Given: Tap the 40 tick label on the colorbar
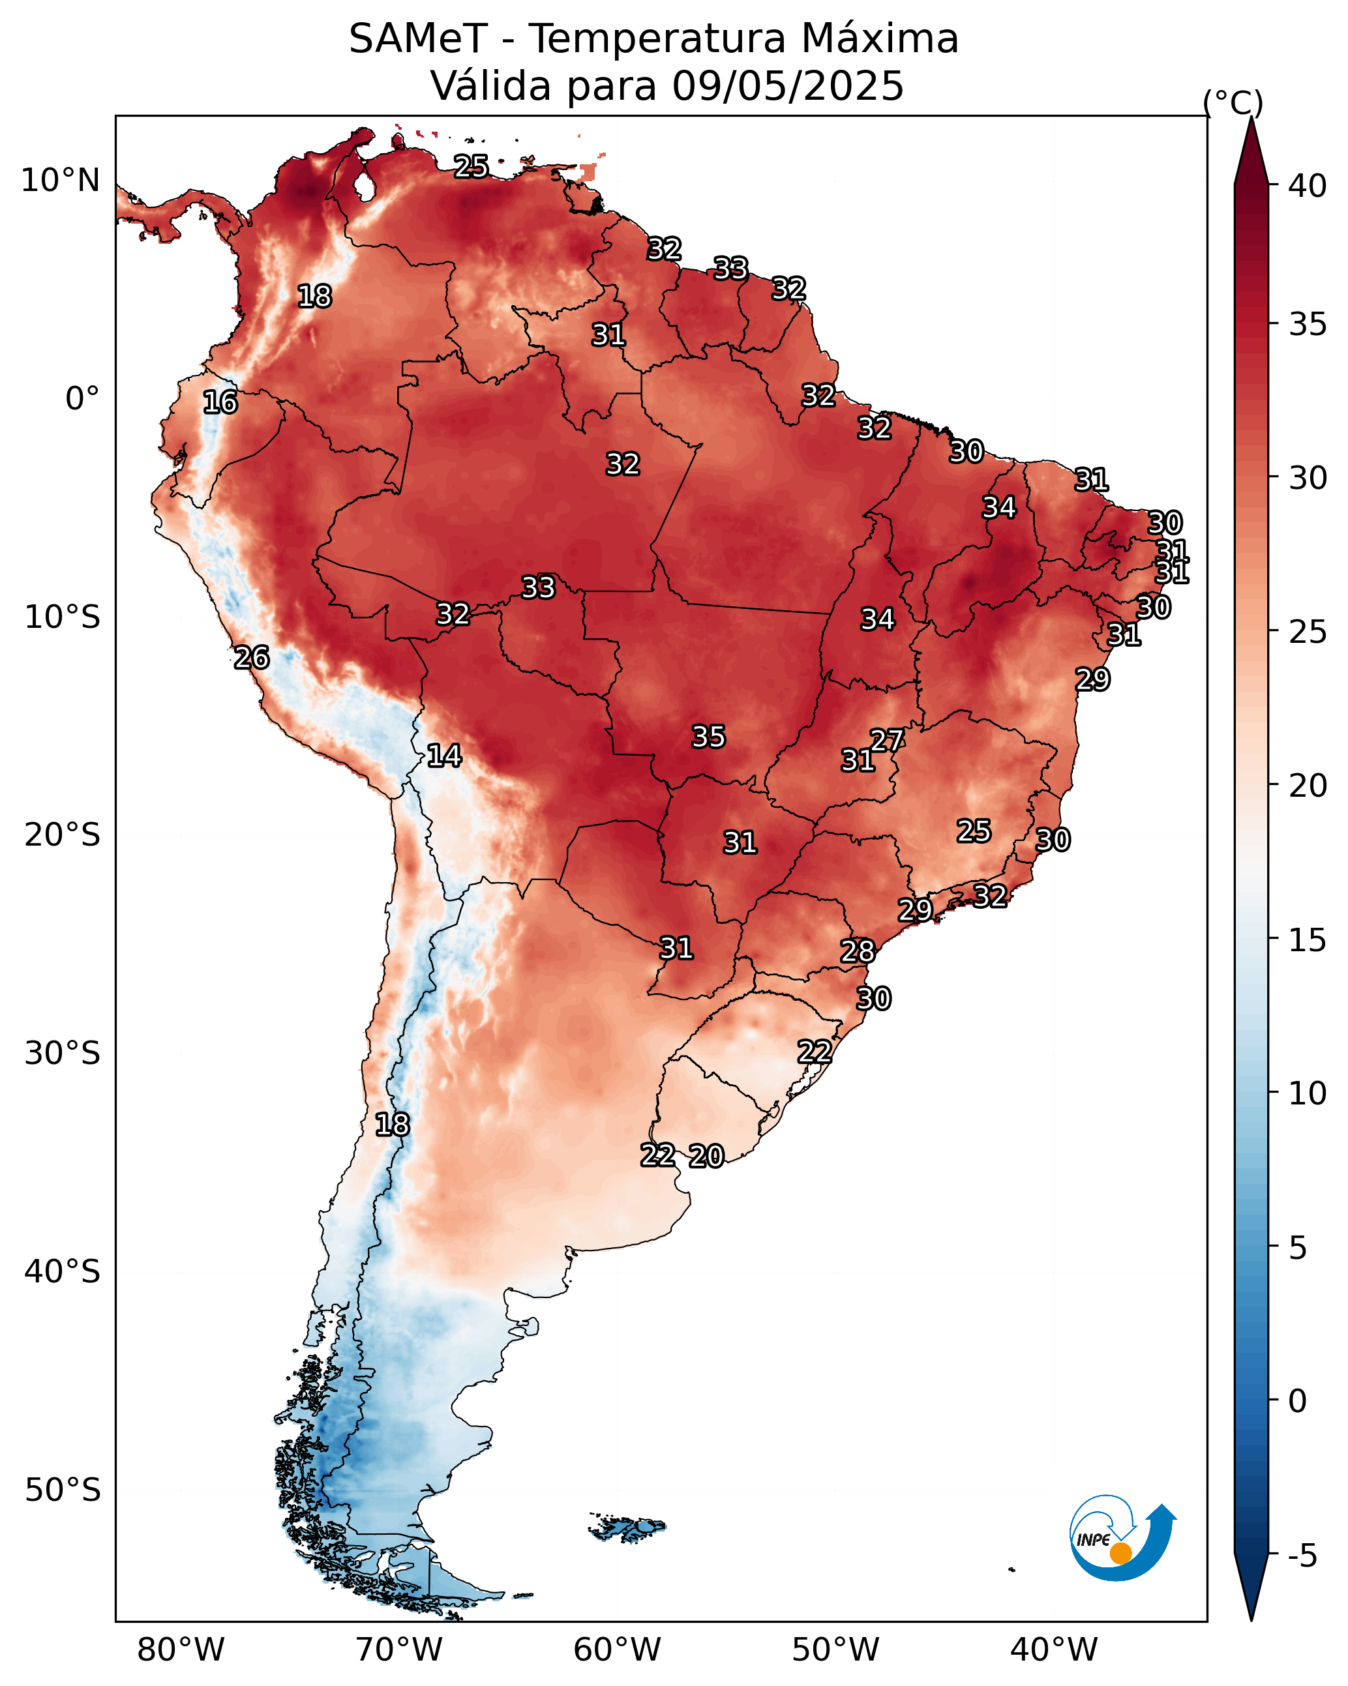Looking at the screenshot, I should pos(1308,186).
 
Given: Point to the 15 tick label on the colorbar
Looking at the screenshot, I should pos(1308,940).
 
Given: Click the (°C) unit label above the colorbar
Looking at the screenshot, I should pos(1233,102).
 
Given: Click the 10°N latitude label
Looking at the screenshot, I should pos(60,181).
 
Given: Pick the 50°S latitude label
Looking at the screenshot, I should pos(63,1490).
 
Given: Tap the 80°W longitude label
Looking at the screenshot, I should pos(181,1650).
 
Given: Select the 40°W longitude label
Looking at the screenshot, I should pos(1054,1650).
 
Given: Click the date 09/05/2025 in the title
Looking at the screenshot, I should pos(788,86).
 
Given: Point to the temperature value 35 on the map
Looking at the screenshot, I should pos(709,737).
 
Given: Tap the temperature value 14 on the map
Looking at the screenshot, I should pos(444,756).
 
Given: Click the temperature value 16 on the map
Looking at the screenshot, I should pos(220,403).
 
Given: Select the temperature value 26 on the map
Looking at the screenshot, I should pos(252,658).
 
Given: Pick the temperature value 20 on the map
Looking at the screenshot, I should pos(706,1156).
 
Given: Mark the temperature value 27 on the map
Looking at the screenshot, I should pos(887,740).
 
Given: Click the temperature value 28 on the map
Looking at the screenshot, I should pos(858,952).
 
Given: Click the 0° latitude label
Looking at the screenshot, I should pos(82,399).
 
